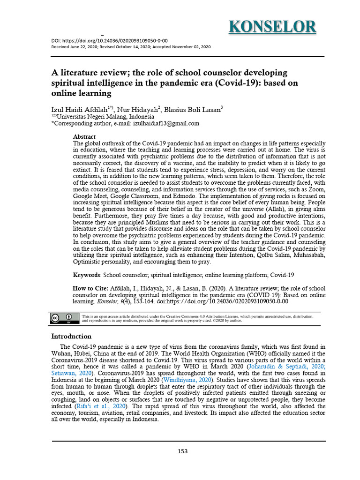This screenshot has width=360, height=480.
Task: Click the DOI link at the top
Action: (x=109, y=41)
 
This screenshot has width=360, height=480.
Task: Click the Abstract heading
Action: (x=84, y=136)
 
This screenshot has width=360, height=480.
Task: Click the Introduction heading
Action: (x=71, y=337)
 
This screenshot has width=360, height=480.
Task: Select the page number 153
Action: (x=182, y=451)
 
